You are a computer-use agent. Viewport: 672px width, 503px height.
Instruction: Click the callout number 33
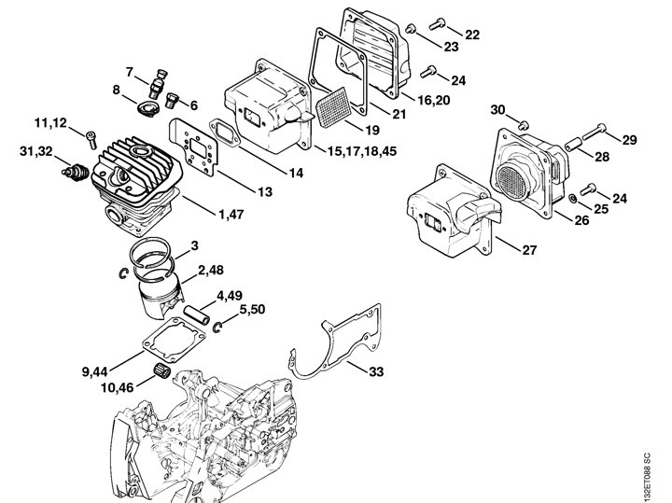pyautogui.click(x=376, y=371)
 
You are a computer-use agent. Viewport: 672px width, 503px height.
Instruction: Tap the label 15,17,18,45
pyautogui.click(x=362, y=151)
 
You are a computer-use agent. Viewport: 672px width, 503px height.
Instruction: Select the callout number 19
pyautogui.click(x=371, y=130)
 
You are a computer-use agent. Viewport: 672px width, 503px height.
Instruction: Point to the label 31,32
pyautogui.click(x=36, y=151)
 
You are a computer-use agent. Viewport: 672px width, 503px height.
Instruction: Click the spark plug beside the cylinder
pyautogui.click(x=75, y=173)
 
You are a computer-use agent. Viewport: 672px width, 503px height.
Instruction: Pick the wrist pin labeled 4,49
pyautogui.click(x=197, y=316)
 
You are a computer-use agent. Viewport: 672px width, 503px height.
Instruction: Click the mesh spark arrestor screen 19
pyautogui.click(x=333, y=107)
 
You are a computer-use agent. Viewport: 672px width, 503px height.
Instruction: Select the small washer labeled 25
pyautogui.click(x=572, y=199)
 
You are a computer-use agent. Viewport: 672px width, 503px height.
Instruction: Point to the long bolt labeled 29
pyautogui.click(x=595, y=131)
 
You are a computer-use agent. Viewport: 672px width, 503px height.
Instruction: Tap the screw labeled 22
pyautogui.click(x=437, y=23)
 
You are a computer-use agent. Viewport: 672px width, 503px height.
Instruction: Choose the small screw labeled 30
pyautogui.click(x=523, y=126)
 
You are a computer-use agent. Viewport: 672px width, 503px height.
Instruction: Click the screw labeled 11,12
pyautogui.click(x=91, y=139)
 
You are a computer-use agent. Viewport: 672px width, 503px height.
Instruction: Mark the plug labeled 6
pyautogui.click(x=172, y=100)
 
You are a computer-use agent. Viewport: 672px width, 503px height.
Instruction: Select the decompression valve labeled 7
pyautogui.click(x=159, y=83)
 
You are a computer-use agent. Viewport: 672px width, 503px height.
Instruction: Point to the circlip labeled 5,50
pyautogui.click(x=218, y=328)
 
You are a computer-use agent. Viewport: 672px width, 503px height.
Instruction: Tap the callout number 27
pyautogui.click(x=530, y=250)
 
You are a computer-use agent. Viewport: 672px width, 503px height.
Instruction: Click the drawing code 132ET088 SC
pyautogui.click(x=647, y=475)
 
